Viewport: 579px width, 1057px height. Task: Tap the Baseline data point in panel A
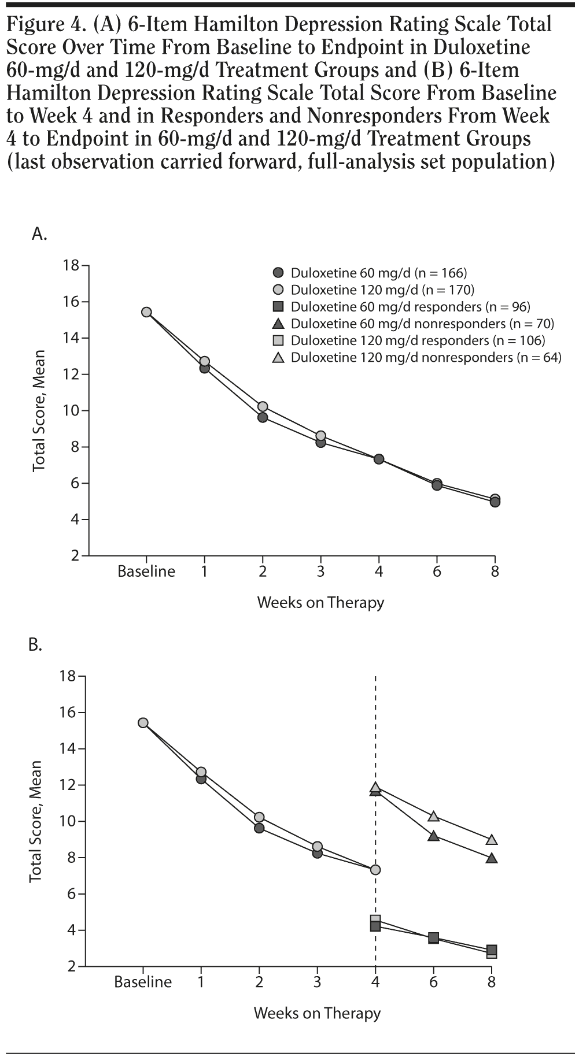(146, 312)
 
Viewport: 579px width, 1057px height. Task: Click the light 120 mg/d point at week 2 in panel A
(263, 407)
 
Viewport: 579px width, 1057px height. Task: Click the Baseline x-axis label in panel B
(143, 982)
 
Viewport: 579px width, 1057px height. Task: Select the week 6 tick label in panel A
(437, 572)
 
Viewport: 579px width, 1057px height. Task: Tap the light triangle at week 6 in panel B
(433, 816)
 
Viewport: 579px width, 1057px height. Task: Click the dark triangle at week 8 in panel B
(492, 858)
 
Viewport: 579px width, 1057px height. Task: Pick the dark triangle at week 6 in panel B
(433, 836)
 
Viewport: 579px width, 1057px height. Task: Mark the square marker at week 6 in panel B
(433, 938)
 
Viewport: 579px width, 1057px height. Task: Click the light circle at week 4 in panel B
(375, 870)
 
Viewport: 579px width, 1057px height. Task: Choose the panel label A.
(39, 234)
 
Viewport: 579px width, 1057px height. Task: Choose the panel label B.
(35, 644)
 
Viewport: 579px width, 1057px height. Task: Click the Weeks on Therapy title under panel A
(320, 603)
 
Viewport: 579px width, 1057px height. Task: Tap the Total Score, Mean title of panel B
(36, 821)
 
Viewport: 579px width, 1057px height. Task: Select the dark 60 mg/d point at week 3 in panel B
(317, 852)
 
